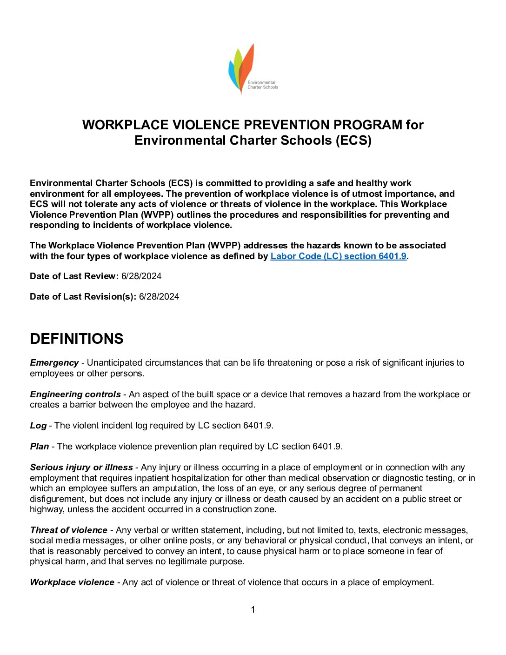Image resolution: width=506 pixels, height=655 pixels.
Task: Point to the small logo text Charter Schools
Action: coord(263,87)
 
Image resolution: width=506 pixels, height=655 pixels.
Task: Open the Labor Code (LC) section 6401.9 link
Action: coord(338,256)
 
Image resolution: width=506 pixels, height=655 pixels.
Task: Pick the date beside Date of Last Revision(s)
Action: coord(159,297)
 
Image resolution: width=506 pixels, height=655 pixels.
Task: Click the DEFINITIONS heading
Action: coord(77,339)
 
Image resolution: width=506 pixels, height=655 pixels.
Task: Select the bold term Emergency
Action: coord(54,363)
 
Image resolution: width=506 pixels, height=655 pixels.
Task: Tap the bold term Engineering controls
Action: coord(75,394)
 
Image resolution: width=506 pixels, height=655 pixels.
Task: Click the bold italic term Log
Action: coord(38,426)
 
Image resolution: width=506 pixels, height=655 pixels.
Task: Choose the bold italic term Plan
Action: coord(40,447)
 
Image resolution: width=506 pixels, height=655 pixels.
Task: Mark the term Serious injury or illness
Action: coord(81,468)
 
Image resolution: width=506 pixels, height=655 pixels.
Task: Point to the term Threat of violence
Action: coord(68,530)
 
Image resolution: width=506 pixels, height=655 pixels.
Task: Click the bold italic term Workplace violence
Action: coord(72,582)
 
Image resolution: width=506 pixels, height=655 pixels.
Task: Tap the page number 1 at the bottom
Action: coord(253,610)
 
